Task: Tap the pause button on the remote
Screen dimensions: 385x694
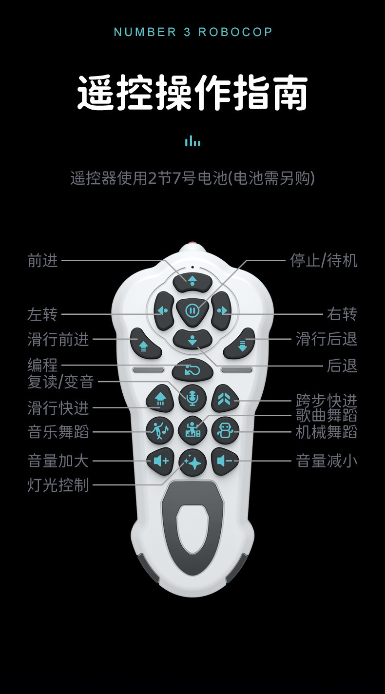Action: (192, 310)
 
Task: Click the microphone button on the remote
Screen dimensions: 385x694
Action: (192, 399)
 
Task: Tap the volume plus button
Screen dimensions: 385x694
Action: (160, 461)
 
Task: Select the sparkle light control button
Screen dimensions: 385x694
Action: (192, 462)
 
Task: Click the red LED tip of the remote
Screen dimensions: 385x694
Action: (192, 244)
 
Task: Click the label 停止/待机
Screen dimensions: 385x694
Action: (324, 261)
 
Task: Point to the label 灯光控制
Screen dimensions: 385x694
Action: (58, 485)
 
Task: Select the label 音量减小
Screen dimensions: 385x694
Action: (327, 461)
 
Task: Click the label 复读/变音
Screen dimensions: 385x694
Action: (60, 382)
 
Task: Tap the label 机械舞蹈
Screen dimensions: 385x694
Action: (327, 432)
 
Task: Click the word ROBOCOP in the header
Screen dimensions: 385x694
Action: (235, 32)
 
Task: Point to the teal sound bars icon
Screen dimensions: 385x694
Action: (192, 141)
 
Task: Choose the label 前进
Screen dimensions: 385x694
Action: (43, 261)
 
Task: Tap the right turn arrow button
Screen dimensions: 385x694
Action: (222, 310)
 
